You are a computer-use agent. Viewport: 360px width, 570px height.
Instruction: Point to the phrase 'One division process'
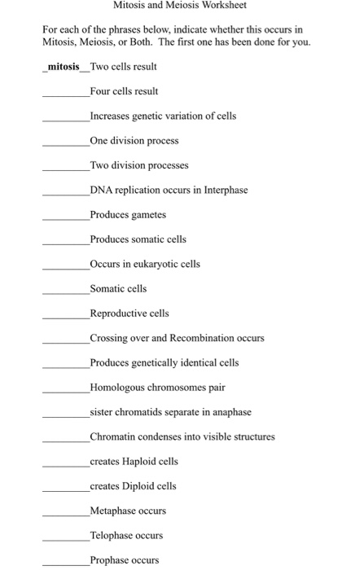tap(134, 140)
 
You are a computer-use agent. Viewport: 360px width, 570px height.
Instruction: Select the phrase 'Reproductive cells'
tap(130, 313)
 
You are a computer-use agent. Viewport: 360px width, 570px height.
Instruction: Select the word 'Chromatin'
tap(113, 436)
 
